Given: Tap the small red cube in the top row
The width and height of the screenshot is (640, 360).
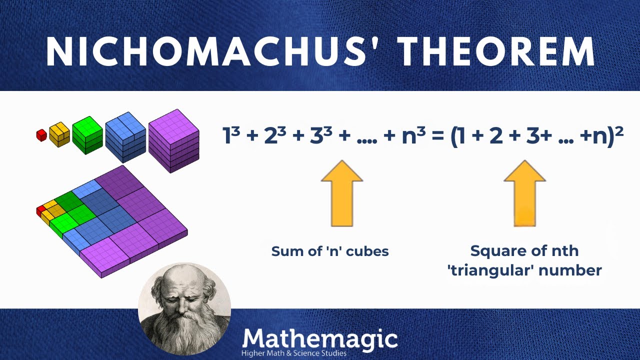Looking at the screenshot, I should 41,135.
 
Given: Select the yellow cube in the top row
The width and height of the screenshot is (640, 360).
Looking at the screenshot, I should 59,134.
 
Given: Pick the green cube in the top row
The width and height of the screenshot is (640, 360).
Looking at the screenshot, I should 87,133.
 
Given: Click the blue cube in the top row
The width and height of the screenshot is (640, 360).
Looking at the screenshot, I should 125,136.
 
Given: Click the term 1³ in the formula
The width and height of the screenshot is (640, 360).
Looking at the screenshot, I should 231,135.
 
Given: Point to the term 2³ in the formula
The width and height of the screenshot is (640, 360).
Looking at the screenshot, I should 274,135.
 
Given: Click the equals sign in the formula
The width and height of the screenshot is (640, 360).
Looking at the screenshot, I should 438,136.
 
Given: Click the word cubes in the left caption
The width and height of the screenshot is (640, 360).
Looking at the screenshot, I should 369,251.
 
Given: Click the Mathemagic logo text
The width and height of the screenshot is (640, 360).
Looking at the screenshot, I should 320,339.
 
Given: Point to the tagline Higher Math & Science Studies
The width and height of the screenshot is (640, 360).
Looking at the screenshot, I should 294,353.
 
